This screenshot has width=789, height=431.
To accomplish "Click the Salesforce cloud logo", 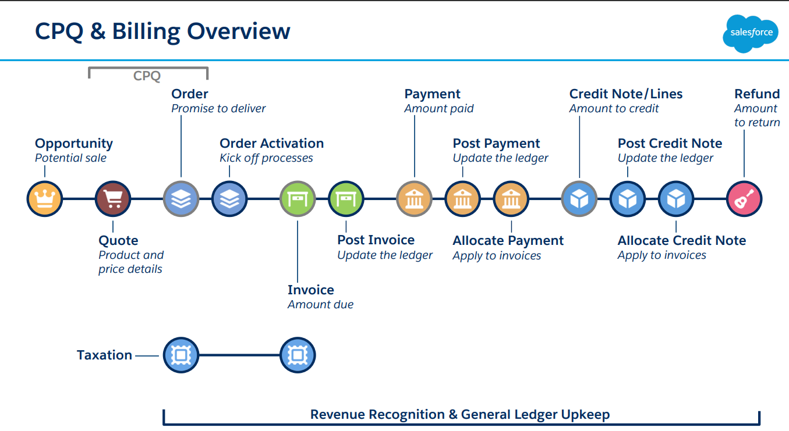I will point(751,33).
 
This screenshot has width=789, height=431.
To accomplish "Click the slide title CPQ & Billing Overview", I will point(162,31).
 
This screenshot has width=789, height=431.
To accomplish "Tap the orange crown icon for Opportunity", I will point(45,199).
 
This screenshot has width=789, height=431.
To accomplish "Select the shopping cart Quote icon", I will point(113,199).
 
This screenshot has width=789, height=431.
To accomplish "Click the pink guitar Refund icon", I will point(744,199).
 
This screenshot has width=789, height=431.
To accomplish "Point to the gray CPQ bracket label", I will point(147,76).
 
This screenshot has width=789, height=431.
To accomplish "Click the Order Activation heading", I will point(271,144).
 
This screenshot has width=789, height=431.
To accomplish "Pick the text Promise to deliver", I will point(218,108).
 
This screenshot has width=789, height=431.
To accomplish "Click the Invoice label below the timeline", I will point(310,290).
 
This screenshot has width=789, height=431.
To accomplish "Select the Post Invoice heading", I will point(376,240).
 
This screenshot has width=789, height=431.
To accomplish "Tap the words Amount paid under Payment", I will point(439,108).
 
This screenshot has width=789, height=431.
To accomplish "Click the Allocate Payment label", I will point(508,241).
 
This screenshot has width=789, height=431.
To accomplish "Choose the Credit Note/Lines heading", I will point(625,94).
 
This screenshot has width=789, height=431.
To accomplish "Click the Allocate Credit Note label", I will point(681,241).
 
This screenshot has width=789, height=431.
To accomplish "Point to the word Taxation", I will point(104,355).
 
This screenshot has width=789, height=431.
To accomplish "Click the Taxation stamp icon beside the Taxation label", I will point(181,355).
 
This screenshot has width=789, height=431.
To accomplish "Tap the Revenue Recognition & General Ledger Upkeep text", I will point(459,415).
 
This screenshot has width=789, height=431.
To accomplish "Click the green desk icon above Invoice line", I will point(298,199).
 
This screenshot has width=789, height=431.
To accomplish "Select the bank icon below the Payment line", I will point(414,199).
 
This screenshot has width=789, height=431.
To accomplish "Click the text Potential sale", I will point(70,158).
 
